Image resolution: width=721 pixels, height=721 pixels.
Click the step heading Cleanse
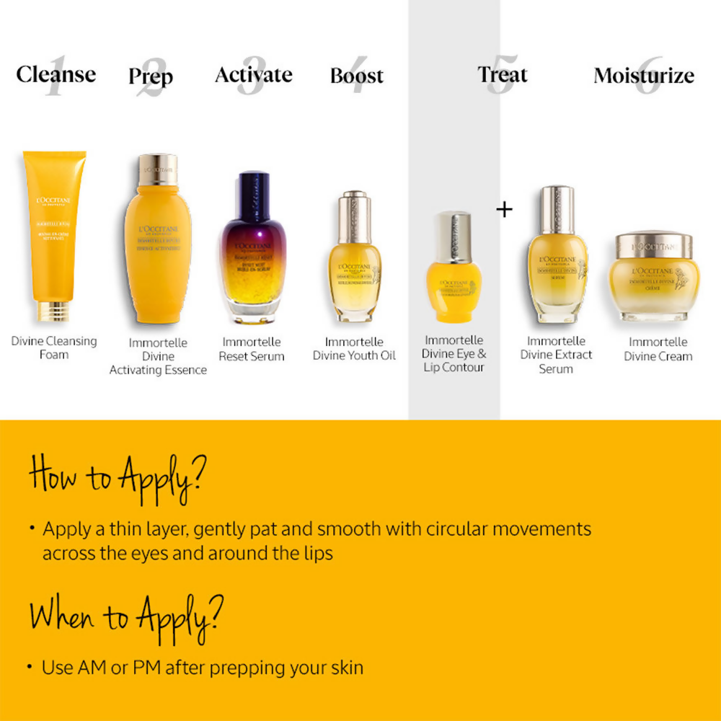pyautogui.click(x=56, y=74)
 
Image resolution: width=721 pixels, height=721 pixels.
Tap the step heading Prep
pyautogui.click(x=151, y=76)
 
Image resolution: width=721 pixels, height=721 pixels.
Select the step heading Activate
pyautogui.click(x=254, y=75)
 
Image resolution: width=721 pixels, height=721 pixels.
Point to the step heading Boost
pyautogui.click(x=357, y=76)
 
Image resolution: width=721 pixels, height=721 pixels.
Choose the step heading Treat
pyautogui.click(x=503, y=74)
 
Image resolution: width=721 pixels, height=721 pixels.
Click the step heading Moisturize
pyautogui.click(x=644, y=76)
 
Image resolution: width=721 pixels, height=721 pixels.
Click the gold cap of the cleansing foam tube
pyautogui.click(x=54, y=311)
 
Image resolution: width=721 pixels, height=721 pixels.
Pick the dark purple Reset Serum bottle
pyautogui.click(x=252, y=249)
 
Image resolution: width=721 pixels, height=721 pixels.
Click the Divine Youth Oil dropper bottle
pyautogui.click(x=355, y=260)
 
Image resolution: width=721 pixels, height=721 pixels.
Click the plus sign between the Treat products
pyautogui.click(x=505, y=210)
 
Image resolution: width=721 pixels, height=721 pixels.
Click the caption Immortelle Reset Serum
pyautogui.click(x=252, y=349)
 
